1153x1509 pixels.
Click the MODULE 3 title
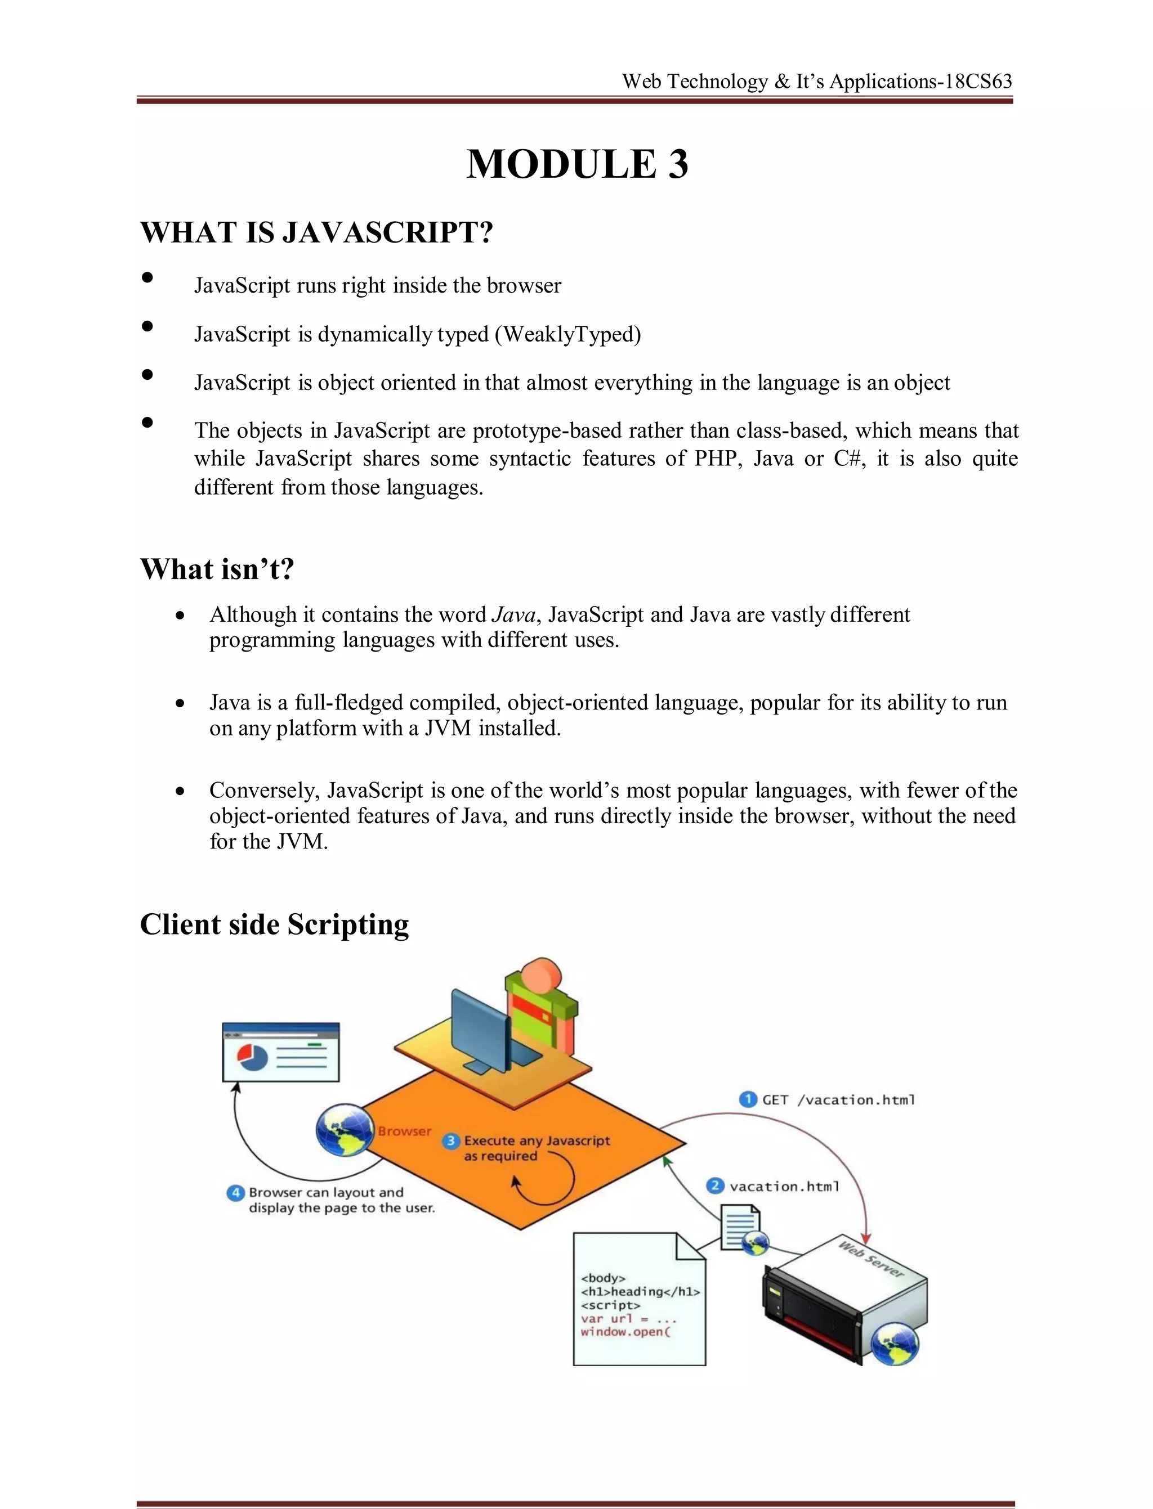tap(577, 165)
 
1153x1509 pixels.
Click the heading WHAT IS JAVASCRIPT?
tap(316, 232)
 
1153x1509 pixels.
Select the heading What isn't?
tap(217, 569)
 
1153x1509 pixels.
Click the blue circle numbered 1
tap(748, 1099)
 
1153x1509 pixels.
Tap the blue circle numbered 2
tap(715, 1186)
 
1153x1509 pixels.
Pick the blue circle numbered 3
tap(451, 1140)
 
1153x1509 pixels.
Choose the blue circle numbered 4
tap(235, 1192)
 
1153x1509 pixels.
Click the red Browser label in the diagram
tap(404, 1131)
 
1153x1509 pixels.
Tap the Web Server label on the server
tap(871, 1259)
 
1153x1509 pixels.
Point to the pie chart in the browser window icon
tap(252, 1056)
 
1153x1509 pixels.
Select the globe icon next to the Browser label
tap(345, 1130)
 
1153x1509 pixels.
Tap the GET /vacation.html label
tap(839, 1100)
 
